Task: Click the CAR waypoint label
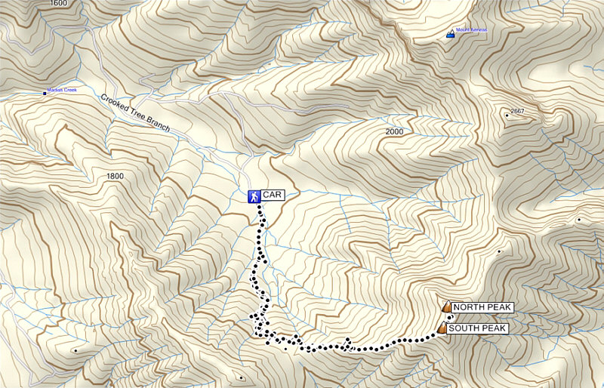pos(272,196)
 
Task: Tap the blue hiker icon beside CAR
pos(254,196)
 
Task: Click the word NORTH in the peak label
pos(470,307)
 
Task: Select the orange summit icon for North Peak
pos(446,306)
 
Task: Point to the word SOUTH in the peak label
pos(464,329)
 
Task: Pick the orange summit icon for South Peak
pos(441,328)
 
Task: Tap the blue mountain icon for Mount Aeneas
pos(451,33)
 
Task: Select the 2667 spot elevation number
pos(517,111)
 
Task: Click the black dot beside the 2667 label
pos(507,115)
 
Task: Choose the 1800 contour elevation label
pos(115,176)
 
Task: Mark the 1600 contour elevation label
pos(57,4)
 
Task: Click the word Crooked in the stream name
pos(116,103)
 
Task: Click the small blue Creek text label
pos(62,91)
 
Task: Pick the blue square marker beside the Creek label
pos(45,93)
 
